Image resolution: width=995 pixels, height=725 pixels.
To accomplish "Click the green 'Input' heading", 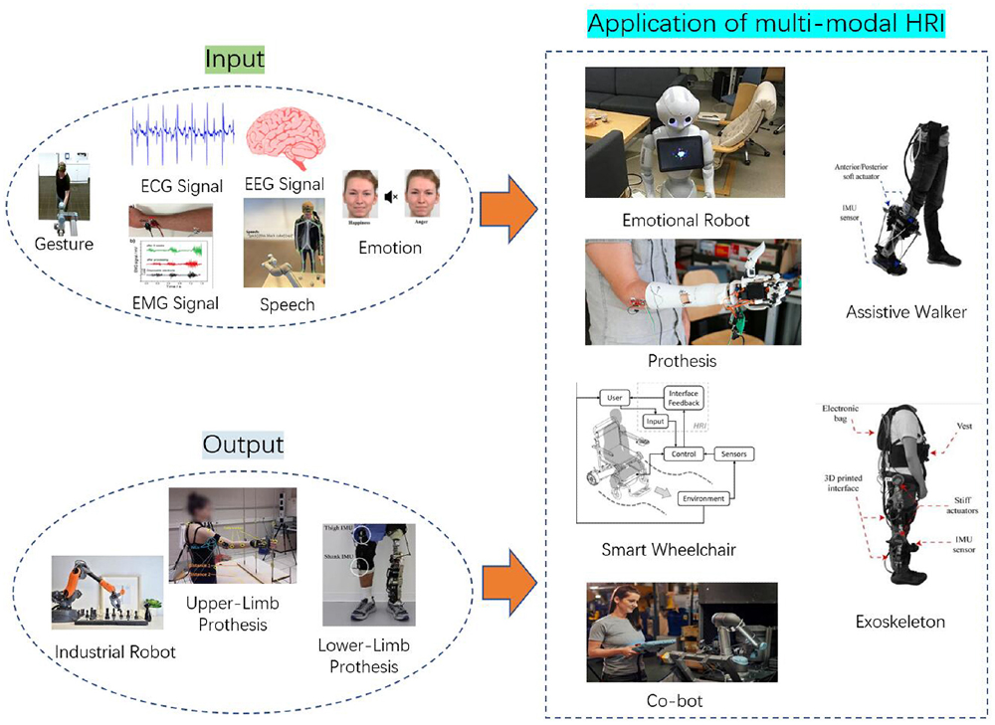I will (235, 59).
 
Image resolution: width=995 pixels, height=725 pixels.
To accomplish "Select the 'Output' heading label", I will (244, 443).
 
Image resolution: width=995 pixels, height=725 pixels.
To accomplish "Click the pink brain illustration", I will (285, 138).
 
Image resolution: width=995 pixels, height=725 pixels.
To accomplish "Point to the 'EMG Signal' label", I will (174, 303).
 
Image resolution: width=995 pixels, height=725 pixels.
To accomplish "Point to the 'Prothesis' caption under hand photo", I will (682, 360).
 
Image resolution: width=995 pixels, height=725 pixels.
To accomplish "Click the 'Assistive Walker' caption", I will (905, 312).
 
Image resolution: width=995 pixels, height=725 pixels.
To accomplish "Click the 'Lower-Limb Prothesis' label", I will (363, 656).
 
